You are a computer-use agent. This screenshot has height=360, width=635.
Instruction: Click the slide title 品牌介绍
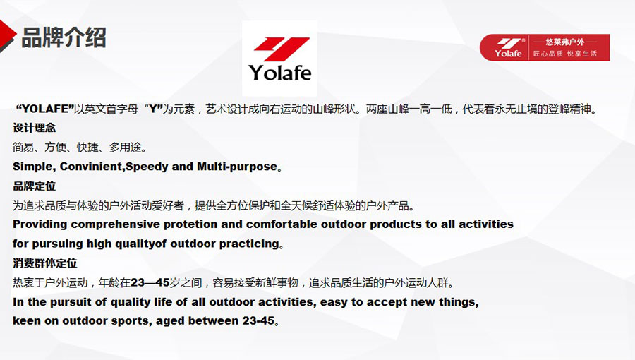64,37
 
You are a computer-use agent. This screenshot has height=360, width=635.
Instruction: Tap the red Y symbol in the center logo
282,49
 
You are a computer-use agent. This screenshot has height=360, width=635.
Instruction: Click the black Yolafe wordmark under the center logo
280,73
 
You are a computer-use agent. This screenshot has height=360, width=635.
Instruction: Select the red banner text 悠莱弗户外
564,42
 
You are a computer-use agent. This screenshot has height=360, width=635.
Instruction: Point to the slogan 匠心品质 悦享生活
564,54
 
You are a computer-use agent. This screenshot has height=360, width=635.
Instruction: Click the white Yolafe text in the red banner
508,53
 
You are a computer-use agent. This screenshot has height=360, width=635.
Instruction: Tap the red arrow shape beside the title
7,36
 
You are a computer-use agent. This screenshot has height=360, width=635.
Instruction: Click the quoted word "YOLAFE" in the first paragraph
44,109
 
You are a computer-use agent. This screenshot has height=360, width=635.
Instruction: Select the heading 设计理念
34,128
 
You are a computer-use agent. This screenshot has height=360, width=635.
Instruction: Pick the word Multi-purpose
237,167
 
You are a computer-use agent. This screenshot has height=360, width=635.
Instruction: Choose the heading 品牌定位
34,186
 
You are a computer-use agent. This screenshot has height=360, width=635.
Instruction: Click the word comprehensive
116,224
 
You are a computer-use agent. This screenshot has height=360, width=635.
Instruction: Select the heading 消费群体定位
44,263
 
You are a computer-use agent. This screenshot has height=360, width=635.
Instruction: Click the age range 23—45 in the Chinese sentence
150,282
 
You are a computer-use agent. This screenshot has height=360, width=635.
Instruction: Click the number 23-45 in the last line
258,320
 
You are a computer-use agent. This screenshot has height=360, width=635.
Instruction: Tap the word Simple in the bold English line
34,167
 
